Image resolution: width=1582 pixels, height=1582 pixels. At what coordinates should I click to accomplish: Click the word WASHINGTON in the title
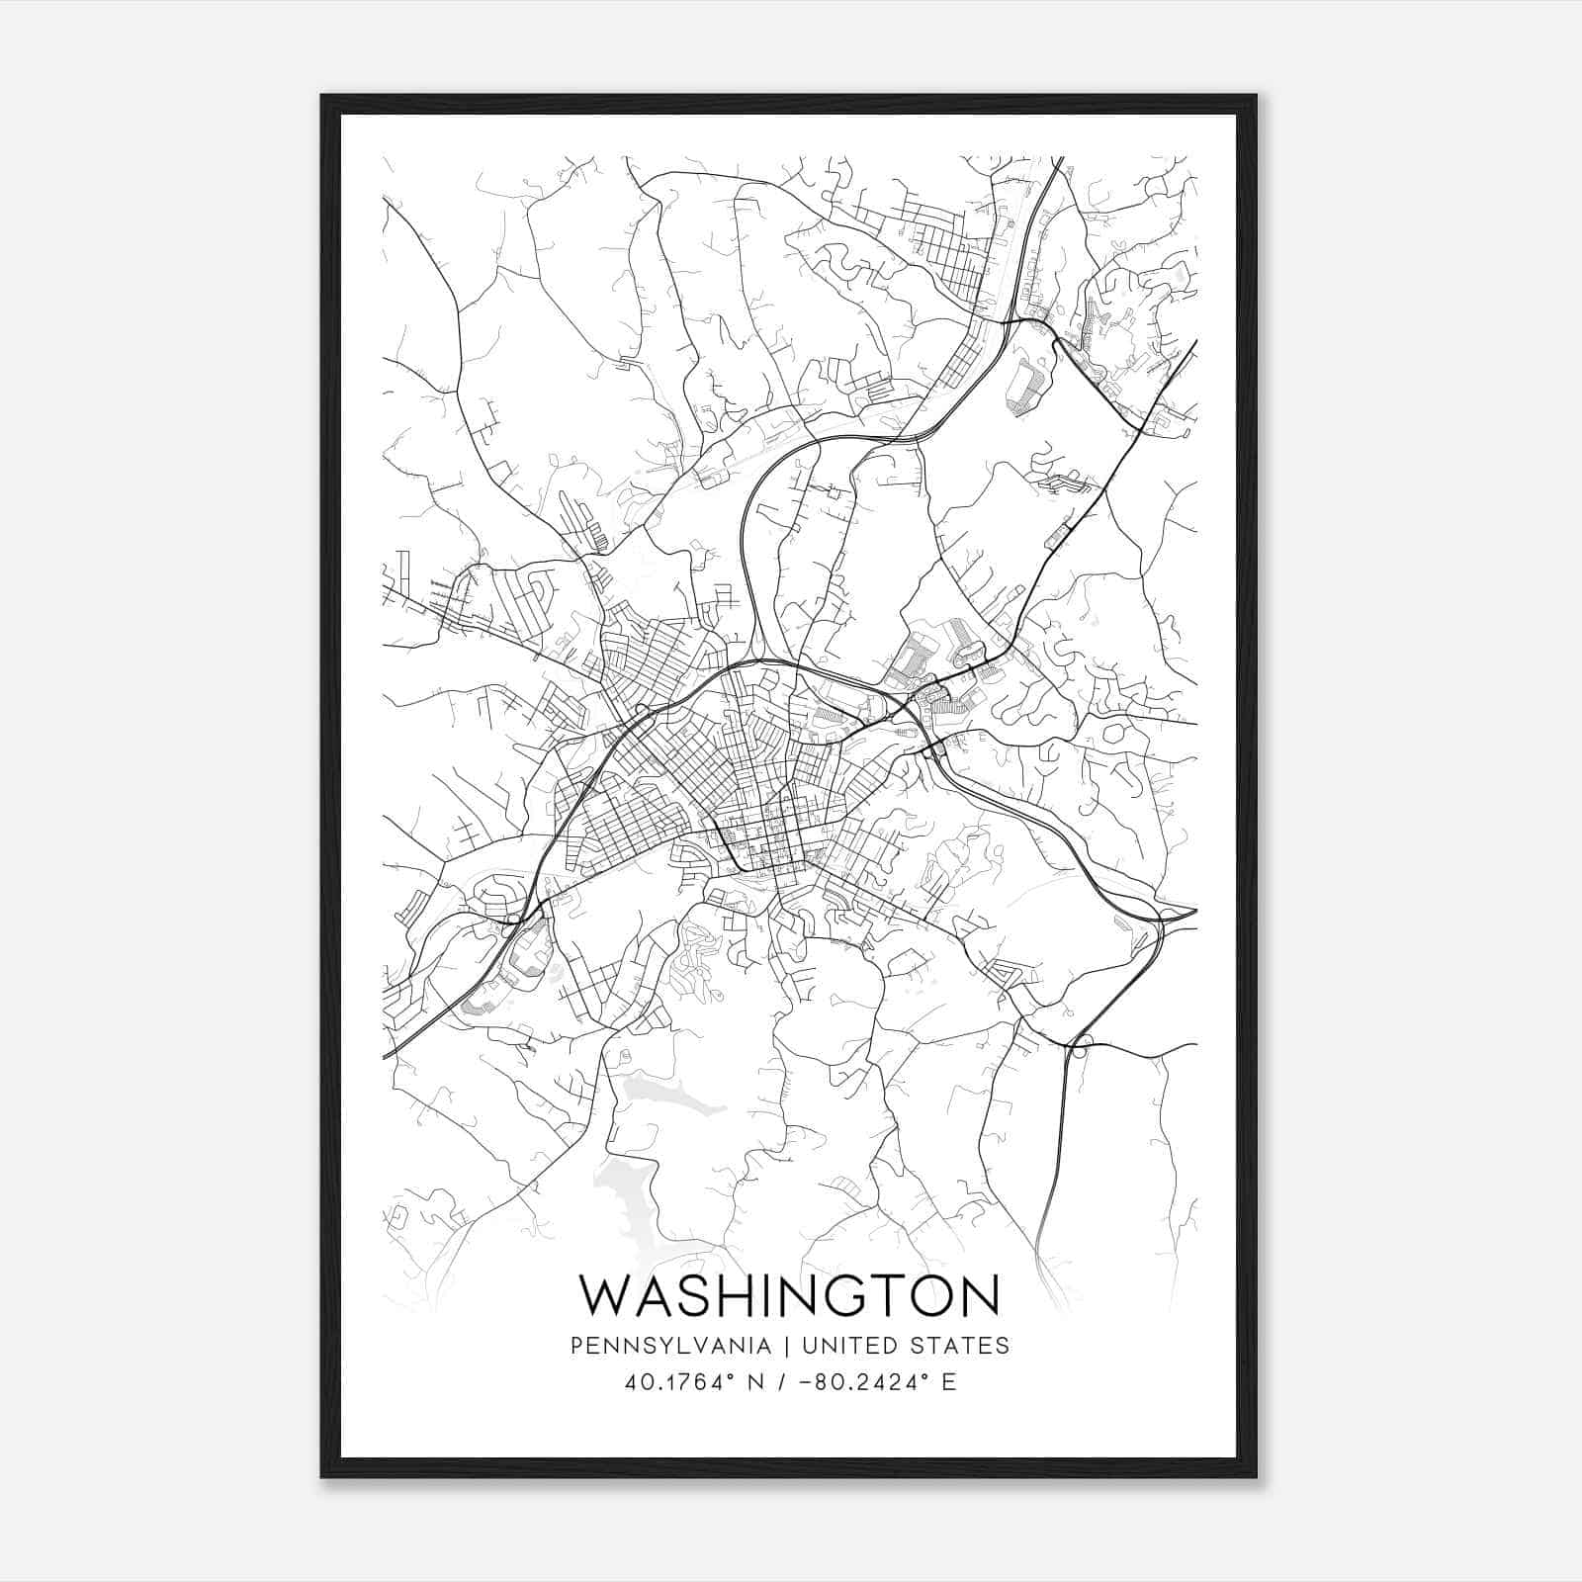789,1295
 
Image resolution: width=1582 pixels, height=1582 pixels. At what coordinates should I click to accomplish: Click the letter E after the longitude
949,1382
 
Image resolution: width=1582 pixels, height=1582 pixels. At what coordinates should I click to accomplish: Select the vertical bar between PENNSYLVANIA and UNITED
786,1346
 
